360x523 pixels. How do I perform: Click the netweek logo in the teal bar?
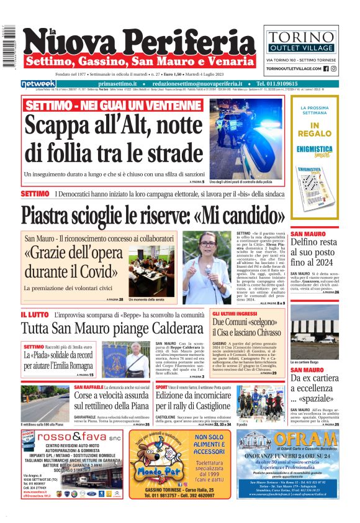(x=38, y=84)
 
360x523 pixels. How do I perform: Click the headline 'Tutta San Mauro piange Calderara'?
(x=112, y=328)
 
